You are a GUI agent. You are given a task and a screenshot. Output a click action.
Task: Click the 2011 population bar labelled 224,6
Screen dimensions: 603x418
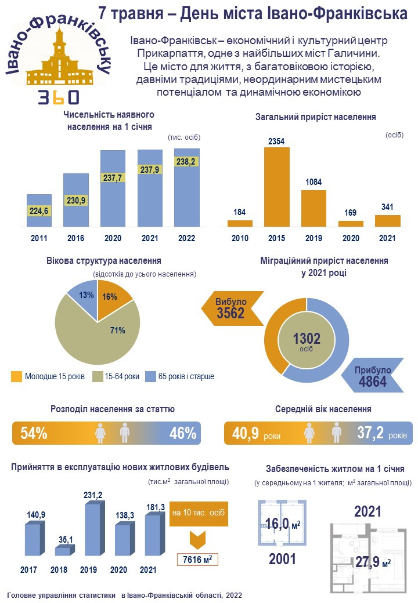click(x=39, y=210)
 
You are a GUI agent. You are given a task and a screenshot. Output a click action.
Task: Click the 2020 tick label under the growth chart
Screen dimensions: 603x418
click(x=351, y=238)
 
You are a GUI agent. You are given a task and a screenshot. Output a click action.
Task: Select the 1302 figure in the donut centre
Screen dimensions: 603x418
click(x=307, y=338)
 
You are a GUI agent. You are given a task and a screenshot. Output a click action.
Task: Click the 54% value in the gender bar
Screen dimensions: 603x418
click(x=34, y=433)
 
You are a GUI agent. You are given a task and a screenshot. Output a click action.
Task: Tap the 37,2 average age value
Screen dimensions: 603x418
click(x=370, y=433)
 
